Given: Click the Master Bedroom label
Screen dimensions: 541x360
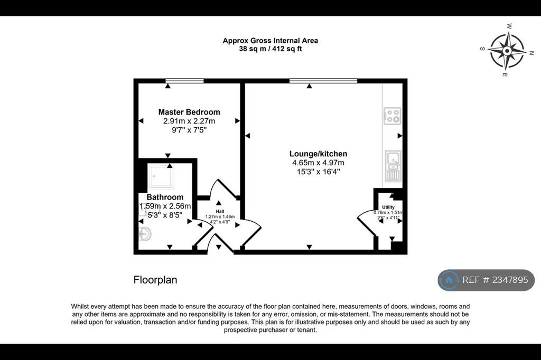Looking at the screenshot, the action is (189, 112).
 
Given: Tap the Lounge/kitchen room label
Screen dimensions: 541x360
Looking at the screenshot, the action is (318, 154).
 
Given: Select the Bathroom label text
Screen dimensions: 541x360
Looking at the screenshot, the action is (165, 197).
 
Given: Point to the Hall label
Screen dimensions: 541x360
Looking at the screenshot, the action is (220, 211).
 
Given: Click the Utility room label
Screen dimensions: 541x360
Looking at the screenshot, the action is (388, 207).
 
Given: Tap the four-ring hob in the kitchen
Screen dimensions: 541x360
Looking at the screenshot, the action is (393, 116).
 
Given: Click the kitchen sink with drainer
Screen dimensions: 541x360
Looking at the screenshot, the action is (393, 166).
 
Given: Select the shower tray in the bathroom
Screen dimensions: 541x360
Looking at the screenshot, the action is (161, 176).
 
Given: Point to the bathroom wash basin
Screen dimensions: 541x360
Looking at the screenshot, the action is (145, 234).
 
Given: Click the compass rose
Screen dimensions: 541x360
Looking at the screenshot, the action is (507, 51).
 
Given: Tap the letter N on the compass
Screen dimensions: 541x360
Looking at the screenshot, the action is (531, 53).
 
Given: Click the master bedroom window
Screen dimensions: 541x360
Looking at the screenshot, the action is (184, 81).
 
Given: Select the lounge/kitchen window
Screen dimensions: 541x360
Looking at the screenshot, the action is (323, 81).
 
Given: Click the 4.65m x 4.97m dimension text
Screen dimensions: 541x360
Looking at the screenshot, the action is (318, 163).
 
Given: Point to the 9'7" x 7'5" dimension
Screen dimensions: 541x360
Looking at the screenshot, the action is (189, 130).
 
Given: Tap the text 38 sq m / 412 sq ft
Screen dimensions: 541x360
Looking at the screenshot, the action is (270, 49).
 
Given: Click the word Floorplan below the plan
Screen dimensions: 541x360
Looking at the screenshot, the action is (155, 280).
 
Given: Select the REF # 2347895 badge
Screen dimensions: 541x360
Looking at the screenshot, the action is (486, 280).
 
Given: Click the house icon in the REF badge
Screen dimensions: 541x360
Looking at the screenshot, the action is (449, 280).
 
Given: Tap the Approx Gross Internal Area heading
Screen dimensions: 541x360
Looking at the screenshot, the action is (270, 41).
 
